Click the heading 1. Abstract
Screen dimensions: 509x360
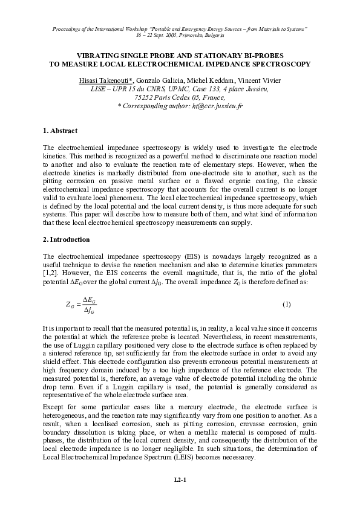click(x=61, y=131)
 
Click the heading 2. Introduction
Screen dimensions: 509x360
click(x=67, y=240)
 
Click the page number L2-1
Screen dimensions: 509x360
click(x=180, y=479)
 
